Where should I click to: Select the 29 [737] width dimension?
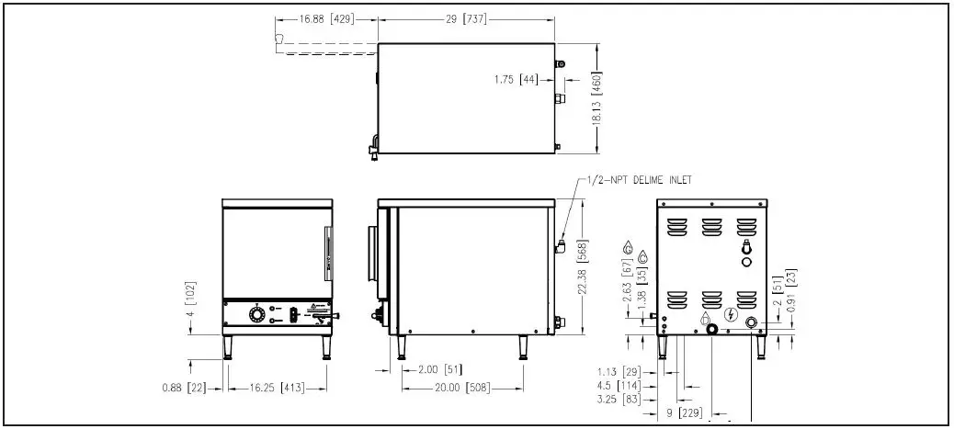[x=466, y=18]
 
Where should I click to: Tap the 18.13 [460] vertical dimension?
[x=596, y=92]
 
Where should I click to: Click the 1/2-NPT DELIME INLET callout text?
[x=639, y=180]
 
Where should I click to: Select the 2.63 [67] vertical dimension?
[x=626, y=280]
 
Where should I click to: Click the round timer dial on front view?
[x=256, y=316]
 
